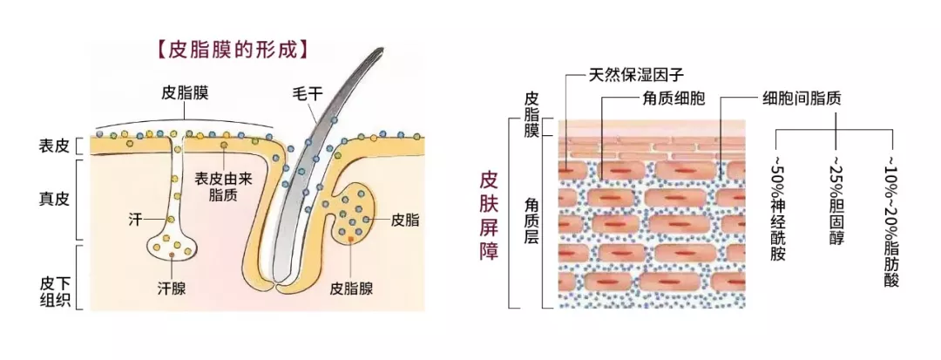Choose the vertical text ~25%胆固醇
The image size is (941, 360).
click(836, 200)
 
